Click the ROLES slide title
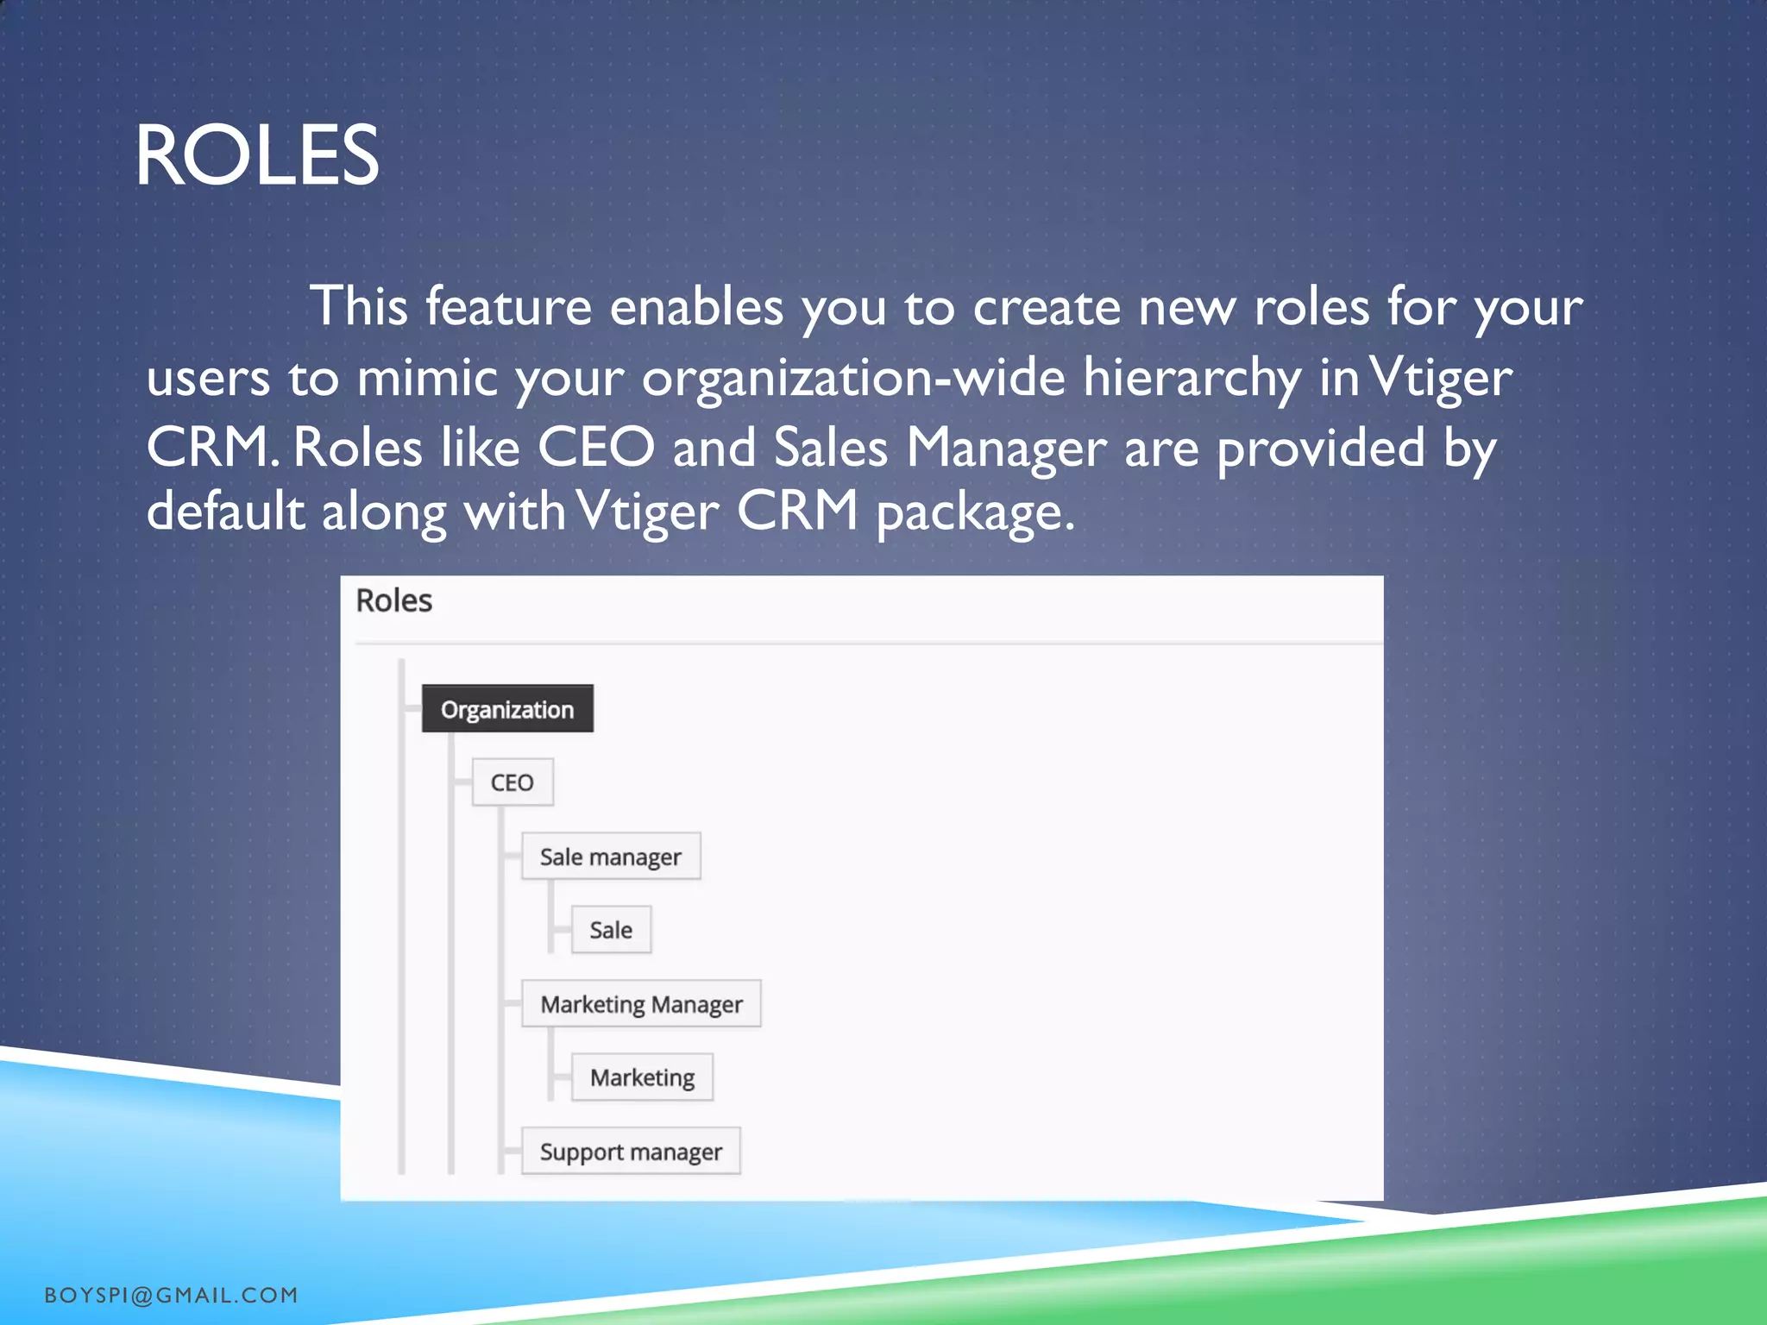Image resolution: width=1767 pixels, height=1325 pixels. point(256,155)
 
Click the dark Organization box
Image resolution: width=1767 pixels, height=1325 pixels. point(507,709)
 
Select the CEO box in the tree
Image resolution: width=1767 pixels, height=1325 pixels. point(512,782)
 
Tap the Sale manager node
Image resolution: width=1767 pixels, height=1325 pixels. point(611,857)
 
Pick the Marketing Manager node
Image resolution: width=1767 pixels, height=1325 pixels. point(641,1004)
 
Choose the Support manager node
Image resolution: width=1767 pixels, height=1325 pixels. point(631,1152)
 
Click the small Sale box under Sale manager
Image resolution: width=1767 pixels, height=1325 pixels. point(611,930)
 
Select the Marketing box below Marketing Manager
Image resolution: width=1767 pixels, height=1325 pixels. point(642,1077)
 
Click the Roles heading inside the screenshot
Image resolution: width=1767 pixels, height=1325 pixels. point(393,600)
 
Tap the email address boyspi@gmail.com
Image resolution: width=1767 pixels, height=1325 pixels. point(171,1295)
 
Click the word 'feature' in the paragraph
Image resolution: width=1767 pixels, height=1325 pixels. point(508,307)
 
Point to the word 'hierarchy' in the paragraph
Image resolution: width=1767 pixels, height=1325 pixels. point(1192,378)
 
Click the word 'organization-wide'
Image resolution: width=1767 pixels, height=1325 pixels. point(852,378)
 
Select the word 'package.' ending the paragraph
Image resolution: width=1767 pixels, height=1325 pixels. point(976,512)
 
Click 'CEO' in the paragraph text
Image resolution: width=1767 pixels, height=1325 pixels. point(595,448)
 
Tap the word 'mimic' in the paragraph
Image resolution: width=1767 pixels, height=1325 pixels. point(427,378)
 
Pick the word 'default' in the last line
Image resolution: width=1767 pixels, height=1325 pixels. point(225,511)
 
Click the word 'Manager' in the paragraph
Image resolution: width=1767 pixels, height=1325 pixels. point(1006,448)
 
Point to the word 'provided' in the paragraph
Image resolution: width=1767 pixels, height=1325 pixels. point(1321,448)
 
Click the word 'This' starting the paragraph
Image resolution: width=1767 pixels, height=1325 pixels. point(359,307)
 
